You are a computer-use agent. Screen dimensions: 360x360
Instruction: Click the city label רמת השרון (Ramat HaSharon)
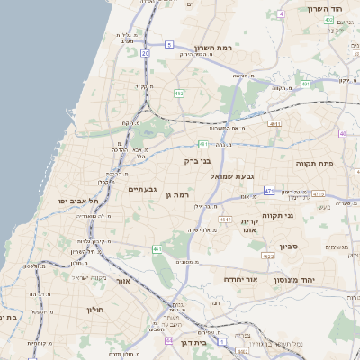click(x=213, y=48)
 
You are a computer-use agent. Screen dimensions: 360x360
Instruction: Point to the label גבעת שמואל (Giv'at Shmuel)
click(x=235, y=176)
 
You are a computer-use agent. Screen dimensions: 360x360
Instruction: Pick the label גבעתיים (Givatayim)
click(x=142, y=189)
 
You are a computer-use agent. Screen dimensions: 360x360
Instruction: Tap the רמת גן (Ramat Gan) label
click(x=183, y=194)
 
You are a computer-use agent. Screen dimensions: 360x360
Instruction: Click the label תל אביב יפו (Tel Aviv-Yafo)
click(x=78, y=201)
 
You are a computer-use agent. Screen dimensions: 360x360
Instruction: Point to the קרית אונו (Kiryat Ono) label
click(x=248, y=226)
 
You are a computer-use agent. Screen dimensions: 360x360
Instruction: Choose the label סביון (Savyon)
click(x=313, y=246)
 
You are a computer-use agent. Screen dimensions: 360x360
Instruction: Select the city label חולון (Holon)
click(x=96, y=309)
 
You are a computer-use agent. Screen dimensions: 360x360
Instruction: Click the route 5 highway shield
click(x=169, y=43)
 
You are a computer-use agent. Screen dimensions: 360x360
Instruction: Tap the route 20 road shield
click(x=144, y=53)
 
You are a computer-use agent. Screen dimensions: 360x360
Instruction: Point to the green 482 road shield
click(x=179, y=93)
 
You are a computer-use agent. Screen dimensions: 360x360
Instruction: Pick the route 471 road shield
click(x=269, y=191)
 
